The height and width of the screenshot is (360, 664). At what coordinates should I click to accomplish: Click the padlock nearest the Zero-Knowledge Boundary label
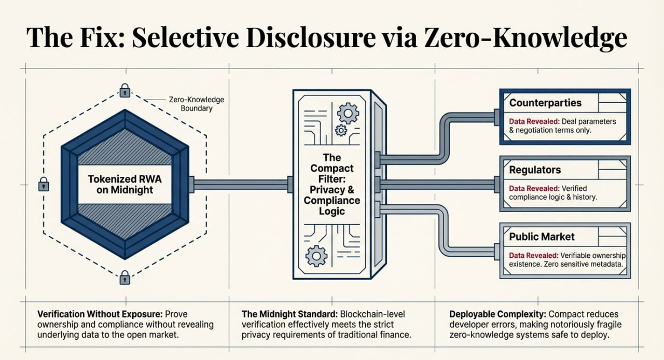[125, 92]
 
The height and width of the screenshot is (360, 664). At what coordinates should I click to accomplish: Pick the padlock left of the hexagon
[44, 184]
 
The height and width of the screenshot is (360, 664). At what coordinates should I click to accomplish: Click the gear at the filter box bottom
[316, 256]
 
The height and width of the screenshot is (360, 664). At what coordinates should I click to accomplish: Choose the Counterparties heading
[545, 103]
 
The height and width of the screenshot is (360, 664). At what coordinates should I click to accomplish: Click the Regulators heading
[534, 170]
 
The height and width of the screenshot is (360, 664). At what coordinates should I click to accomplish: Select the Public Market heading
[542, 237]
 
